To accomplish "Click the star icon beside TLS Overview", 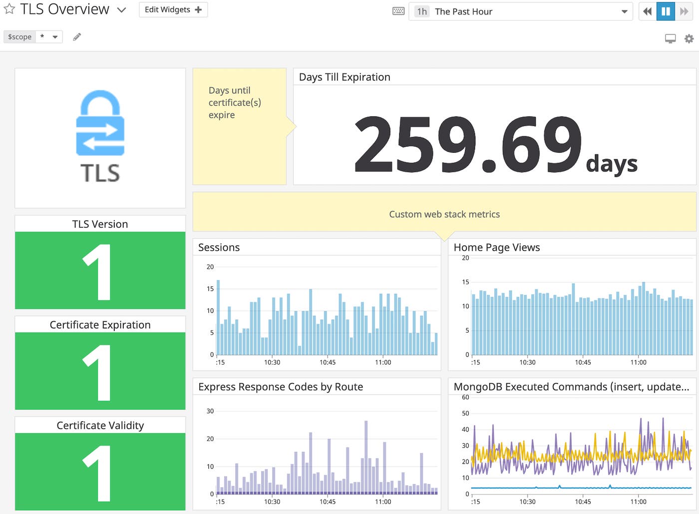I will (x=9, y=9).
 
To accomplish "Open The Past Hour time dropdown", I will (x=520, y=11).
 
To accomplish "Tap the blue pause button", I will (x=666, y=11).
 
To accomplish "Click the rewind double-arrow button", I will (x=648, y=11).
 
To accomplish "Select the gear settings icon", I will (x=689, y=38).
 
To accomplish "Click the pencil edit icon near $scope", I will (x=77, y=37).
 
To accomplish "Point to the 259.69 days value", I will (x=467, y=144).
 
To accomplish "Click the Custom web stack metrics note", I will (x=444, y=214).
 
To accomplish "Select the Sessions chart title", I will (x=219, y=247).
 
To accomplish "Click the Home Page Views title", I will (x=496, y=247).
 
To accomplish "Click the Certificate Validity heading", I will (x=100, y=425).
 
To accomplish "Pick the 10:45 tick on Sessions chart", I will (x=328, y=362).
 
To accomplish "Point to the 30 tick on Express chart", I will (x=210, y=411).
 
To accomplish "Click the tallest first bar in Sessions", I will (x=218, y=317).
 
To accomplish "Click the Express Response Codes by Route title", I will (x=280, y=387).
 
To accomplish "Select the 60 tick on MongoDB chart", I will (x=465, y=398).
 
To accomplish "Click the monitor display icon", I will (x=670, y=38).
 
